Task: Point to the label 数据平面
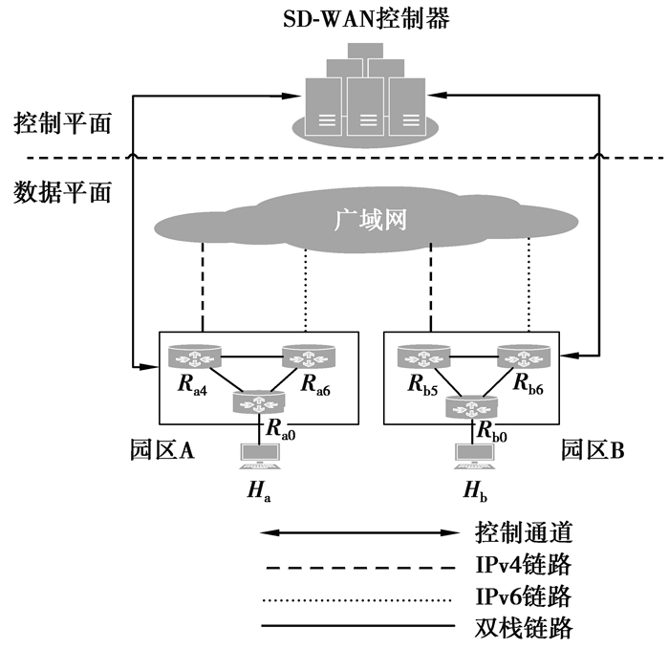[63, 192]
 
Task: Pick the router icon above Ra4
[194, 358]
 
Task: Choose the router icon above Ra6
[308, 358]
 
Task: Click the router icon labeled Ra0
[259, 402]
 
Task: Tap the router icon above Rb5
[424, 358]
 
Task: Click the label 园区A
[162, 449]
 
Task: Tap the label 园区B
[592, 449]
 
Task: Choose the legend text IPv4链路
[523, 564]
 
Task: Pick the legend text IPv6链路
[523, 597]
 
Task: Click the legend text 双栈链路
[523, 629]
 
